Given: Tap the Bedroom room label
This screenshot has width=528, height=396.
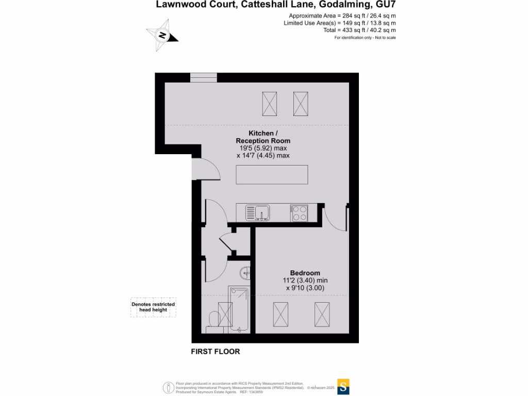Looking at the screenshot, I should coord(305,273).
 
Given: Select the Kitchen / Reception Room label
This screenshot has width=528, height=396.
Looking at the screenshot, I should coord(263,137).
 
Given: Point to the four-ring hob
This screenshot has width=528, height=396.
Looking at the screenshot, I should coord(299,213).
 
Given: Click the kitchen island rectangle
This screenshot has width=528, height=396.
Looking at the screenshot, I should coord(272,174).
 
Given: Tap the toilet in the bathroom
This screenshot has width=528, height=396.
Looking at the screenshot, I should coord(212,321).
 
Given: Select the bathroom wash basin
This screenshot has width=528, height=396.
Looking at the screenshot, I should coord(245,273).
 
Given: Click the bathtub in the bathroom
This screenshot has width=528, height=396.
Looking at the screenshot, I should coord(240,309).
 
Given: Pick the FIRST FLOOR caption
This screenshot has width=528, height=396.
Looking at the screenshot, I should coord(216,352).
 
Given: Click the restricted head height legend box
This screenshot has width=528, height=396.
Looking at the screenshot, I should coord(153,307).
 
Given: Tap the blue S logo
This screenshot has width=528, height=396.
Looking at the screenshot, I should coord(344,387).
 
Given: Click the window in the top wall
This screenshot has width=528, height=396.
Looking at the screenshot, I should coord(204,77).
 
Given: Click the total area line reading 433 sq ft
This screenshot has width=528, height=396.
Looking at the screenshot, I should coord(359,30).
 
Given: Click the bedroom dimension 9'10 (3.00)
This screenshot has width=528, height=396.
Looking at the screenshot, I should coord(305,288).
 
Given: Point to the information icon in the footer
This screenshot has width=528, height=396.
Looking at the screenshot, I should coord(168,387).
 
